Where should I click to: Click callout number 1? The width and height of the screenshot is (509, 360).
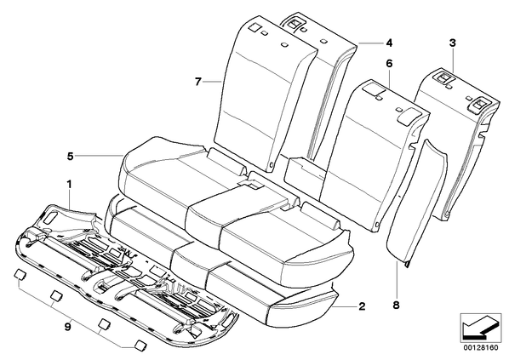[69, 185]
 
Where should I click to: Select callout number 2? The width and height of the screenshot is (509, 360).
[362, 306]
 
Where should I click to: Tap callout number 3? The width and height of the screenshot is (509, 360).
[452, 43]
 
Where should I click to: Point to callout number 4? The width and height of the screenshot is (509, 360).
[389, 43]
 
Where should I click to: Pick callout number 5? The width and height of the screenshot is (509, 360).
[70, 157]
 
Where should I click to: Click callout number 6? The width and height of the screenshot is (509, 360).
[389, 64]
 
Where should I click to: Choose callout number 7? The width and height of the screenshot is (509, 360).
[198, 82]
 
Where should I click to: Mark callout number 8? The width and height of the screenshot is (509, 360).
[397, 306]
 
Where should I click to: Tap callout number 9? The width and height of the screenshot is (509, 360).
[67, 327]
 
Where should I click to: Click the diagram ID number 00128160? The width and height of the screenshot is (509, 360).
[480, 348]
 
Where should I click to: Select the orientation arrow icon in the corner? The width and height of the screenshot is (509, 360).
[480, 327]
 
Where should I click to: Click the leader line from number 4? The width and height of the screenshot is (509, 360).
[369, 43]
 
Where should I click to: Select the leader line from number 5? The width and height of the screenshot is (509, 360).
[100, 157]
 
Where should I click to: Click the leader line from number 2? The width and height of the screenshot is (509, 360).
[345, 306]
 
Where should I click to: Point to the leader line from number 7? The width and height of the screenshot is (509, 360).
[213, 82]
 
